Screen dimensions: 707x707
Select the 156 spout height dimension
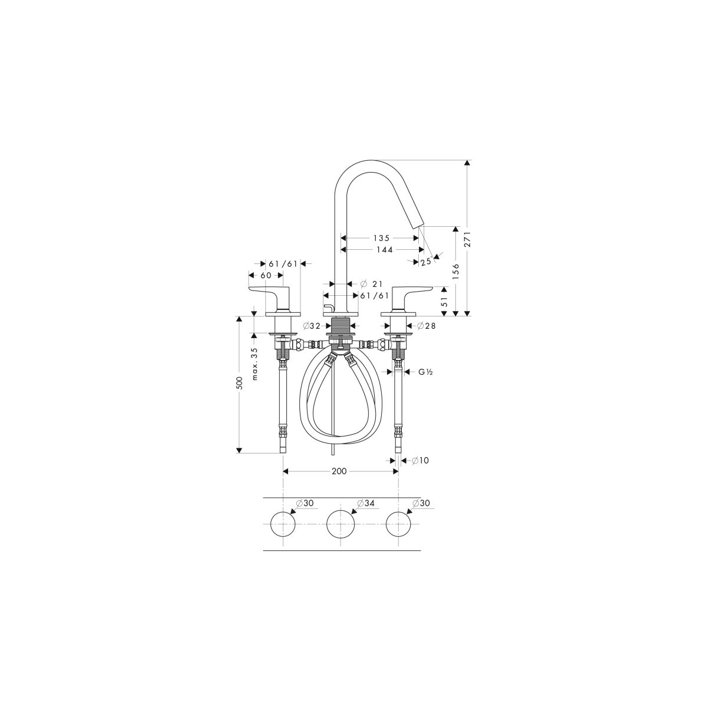tap(456, 272)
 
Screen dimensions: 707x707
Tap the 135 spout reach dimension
tap(382, 238)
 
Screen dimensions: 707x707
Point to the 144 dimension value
tap(384, 250)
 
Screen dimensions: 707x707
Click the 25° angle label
tap(427, 262)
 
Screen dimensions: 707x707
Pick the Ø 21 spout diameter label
tap(372, 284)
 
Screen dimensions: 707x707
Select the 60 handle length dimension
tap(266, 275)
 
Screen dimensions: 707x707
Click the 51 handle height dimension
tap(444, 302)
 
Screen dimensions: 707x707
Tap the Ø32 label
tap(312, 325)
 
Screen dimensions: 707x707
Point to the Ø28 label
tap(427, 325)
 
